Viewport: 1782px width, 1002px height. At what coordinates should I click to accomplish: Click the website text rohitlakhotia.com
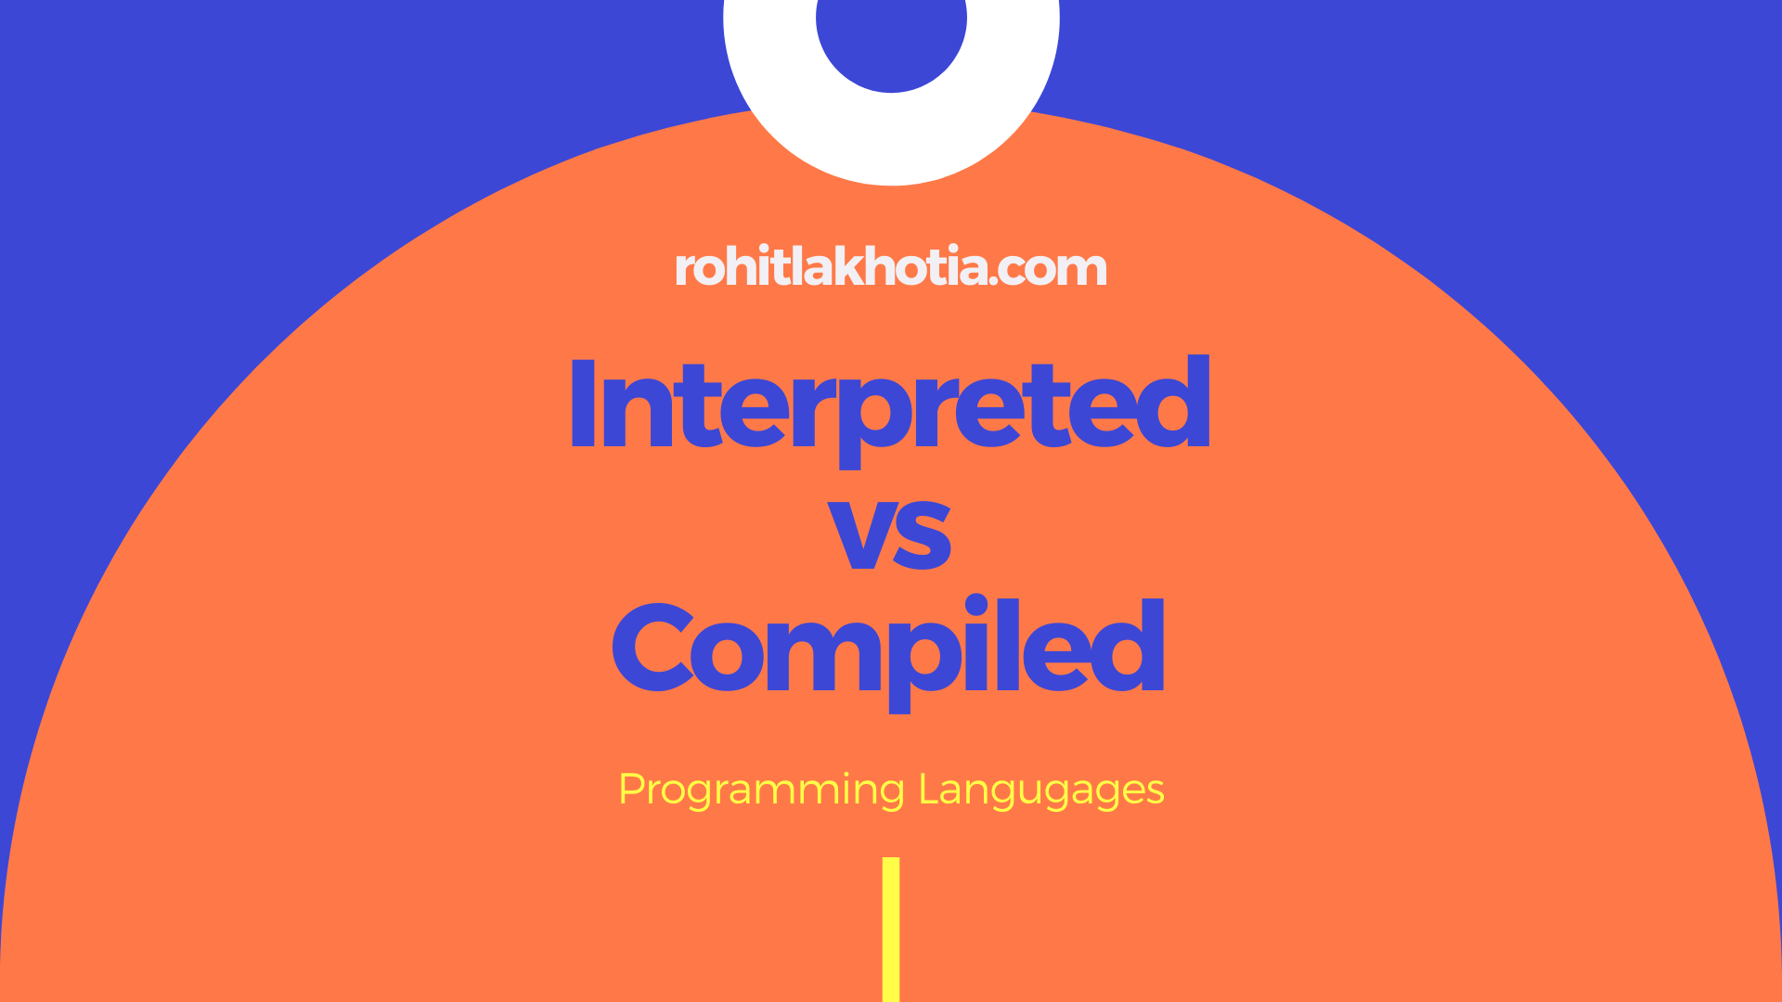coord(890,267)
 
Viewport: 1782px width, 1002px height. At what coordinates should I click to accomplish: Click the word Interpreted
coord(890,405)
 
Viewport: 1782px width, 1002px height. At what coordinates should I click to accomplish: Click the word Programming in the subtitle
coord(761,790)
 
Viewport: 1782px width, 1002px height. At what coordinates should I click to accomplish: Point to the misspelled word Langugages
coord(1040,790)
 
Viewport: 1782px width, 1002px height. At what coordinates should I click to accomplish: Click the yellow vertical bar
coord(891,928)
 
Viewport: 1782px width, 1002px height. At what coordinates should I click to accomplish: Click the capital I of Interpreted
coord(583,405)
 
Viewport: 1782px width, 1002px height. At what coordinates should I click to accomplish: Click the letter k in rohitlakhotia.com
coord(858,267)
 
